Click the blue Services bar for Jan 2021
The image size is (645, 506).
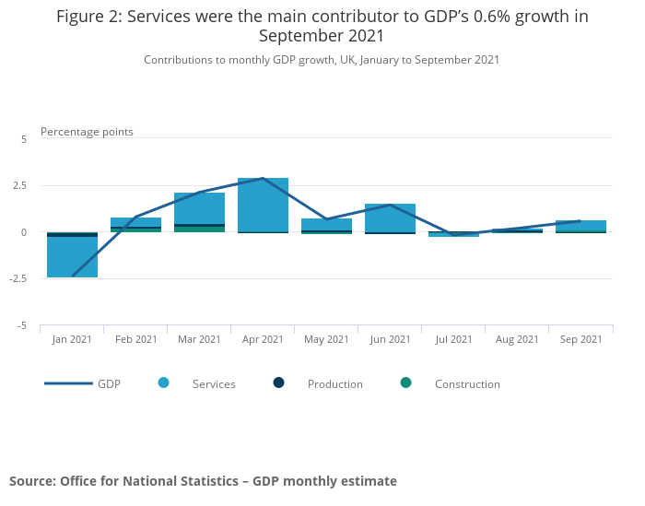72,257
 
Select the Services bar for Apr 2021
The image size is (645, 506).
263,205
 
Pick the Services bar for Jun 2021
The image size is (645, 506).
390,218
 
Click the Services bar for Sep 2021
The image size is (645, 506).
580,225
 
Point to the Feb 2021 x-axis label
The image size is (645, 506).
135,339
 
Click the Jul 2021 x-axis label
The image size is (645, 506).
453,339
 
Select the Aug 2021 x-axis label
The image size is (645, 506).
517,339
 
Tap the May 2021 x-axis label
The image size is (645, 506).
326,339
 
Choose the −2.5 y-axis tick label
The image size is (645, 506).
18,279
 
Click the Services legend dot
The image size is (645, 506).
164,382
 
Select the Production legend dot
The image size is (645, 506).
279,382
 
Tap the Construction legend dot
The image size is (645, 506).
406,382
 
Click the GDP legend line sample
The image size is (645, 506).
68,383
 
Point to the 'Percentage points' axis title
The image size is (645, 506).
87,132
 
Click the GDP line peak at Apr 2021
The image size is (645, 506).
264,178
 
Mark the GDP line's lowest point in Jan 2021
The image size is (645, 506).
73,276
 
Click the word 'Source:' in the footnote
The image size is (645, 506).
32,481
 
